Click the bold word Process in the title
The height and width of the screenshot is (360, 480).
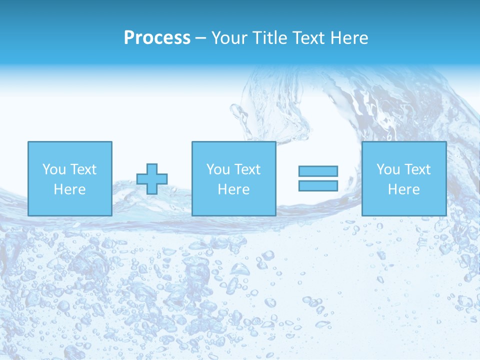[157, 38]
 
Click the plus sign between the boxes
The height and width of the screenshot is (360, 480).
[152, 179]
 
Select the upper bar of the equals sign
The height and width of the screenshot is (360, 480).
[318, 171]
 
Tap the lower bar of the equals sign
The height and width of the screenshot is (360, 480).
[318, 186]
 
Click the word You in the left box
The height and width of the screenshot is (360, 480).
[54, 169]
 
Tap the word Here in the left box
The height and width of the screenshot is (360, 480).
[69, 189]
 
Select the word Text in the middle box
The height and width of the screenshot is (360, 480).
[247, 169]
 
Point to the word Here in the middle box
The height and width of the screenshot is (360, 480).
[233, 189]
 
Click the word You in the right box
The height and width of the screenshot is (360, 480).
[388, 169]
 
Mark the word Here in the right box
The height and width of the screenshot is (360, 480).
[403, 189]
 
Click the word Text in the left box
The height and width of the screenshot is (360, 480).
[83, 169]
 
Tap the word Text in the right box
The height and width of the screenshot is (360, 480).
[417, 169]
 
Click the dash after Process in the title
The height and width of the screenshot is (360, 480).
[200, 38]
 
